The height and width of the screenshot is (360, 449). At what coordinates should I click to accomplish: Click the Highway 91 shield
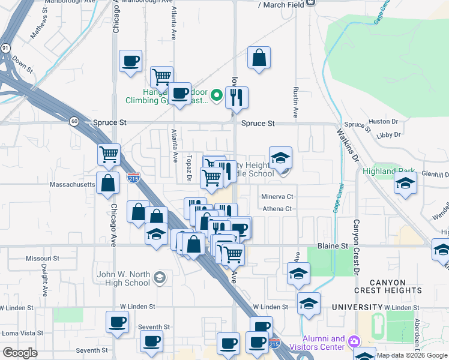coord(5,47)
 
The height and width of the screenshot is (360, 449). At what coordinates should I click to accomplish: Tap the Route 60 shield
coord(73,121)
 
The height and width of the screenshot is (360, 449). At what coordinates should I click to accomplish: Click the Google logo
coord(20,353)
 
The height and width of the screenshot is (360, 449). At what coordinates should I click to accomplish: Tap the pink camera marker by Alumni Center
coord(354,341)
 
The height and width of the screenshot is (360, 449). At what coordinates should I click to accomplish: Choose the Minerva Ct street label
coord(277,196)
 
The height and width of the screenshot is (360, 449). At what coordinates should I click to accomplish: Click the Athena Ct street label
coord(276,209)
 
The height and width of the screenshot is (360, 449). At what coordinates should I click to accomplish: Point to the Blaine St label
coord(332,246)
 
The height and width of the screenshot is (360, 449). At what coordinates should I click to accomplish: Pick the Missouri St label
coord(43,258)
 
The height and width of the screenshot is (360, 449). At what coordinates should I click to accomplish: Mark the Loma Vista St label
coord(19,332)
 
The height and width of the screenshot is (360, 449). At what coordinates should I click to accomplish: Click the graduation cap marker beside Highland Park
coord(406,183)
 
